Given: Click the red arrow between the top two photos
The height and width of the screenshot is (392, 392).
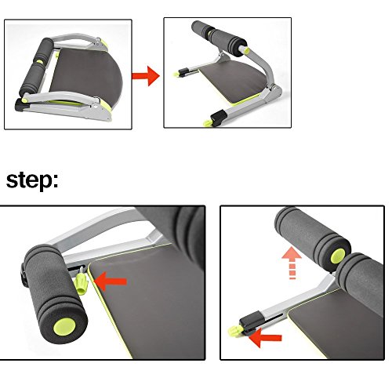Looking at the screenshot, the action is pos(146,76).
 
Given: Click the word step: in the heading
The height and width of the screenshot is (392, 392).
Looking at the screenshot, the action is pos(32,180).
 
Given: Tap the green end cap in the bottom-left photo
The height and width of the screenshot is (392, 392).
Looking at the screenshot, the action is pos(64,327).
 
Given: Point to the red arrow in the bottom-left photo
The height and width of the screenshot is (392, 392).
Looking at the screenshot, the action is pos(110,281).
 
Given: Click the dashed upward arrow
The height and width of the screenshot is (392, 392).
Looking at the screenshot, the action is pos(292,263).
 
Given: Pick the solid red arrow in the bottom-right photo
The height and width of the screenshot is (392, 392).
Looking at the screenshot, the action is pos(265,338).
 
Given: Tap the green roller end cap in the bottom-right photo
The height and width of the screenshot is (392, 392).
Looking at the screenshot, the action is pos(338,256).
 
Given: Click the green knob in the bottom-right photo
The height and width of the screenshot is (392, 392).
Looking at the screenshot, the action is pos(234,332).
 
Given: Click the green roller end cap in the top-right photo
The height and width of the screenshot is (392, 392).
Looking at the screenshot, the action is pos(246,51).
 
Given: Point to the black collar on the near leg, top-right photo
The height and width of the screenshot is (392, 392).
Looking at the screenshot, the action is pos(219,117).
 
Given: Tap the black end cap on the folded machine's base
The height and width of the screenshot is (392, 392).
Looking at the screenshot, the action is pos(19,105).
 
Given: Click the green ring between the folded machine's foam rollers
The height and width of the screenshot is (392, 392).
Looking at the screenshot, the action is pos(40,62).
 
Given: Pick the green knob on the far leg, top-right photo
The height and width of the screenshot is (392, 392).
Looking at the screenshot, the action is pos(176,74).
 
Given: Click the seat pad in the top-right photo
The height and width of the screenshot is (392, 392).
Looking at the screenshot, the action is pos(233,80).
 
